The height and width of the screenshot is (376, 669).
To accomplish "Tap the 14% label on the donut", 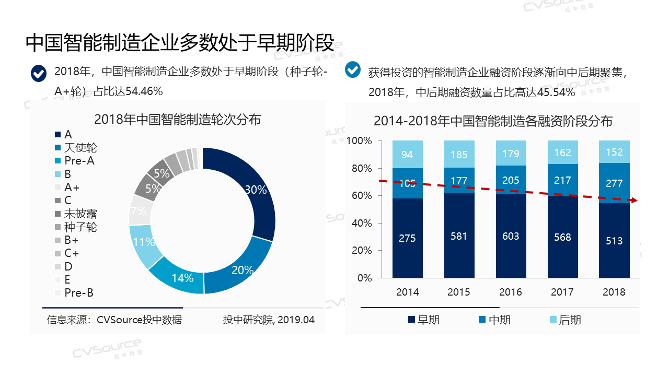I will click(182, 278).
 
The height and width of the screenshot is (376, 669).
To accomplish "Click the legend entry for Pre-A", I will click(79, 161).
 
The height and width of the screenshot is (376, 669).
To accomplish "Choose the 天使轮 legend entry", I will click(80, 148).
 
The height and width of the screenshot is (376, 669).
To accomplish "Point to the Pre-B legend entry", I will click(78, 292).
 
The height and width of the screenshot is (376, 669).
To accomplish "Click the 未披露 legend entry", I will click(80, 214).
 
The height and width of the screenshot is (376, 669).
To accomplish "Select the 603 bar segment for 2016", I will click(511, 236).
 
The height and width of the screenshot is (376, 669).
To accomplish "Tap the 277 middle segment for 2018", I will click(614, 183).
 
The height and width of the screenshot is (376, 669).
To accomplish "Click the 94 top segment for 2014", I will click(407, 155).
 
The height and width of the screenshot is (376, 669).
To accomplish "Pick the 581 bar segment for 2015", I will click(459, 236).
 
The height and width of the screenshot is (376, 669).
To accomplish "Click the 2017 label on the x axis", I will click(562, 292).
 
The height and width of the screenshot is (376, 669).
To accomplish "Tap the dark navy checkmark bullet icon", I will click(39, 74).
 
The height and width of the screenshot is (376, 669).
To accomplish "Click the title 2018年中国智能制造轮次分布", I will click(178, 120).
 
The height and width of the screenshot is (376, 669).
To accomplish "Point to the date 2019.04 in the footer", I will click(296, 320).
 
